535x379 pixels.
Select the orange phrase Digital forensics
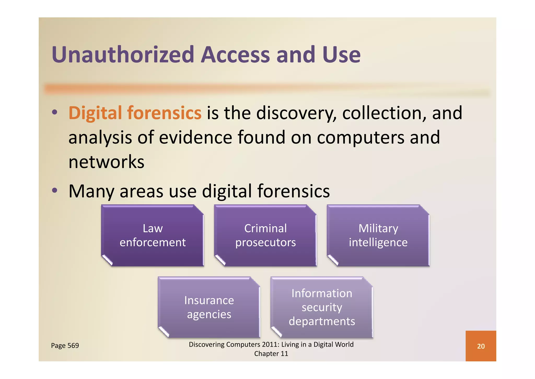[135, 113]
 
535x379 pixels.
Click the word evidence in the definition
[195, 137]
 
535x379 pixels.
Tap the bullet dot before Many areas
[54, 191]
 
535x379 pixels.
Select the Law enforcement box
[153, 236]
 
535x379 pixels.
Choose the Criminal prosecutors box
[265, 236]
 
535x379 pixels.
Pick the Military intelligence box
[378, 236]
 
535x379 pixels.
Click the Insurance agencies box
[209, 307]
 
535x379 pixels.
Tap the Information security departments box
[322, 307]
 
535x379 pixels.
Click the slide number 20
[481, 346]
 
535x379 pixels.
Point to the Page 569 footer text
[65, 345]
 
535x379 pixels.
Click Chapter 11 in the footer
[271, 354]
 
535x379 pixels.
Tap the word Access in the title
[235, 55]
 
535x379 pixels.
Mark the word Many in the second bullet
[91, 191]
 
